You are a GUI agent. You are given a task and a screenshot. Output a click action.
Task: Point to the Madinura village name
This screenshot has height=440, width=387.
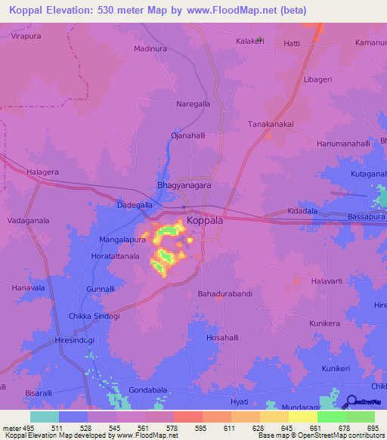point(150,48)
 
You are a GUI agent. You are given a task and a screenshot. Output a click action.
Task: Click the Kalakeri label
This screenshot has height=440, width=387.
point(251,41)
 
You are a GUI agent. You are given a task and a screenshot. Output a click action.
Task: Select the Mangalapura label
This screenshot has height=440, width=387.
point(122,240)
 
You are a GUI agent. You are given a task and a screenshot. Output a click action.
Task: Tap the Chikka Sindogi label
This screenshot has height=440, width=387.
point(94,316)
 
